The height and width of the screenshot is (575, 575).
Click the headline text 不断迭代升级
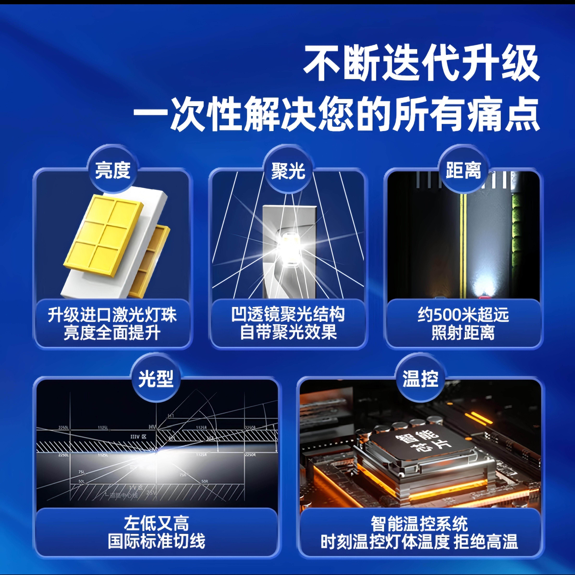[x=421, y=63]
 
